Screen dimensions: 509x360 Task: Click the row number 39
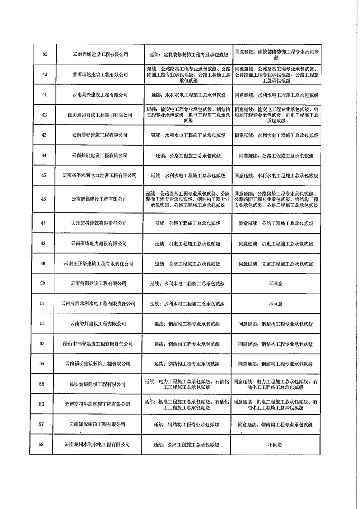coord(45,54)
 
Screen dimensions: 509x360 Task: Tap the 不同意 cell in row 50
coord(275,284)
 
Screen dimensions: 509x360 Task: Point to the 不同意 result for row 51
coord(275,303)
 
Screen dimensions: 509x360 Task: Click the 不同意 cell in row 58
coord(275,445)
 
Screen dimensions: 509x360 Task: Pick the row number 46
coord(44,199)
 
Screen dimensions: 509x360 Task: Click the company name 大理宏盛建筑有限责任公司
coord(99,223)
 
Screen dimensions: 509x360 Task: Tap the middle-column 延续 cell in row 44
coord(188,155)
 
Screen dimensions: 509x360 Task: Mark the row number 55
coord(42,384)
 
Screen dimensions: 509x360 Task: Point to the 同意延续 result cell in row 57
coord(275,425)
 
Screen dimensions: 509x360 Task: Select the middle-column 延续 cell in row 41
coord(188,95)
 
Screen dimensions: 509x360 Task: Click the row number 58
coord(42,445)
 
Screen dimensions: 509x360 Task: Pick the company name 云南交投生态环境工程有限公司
coord(97,404)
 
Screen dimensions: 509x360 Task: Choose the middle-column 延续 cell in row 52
coord(187,324)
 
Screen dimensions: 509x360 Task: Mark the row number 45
coord(44,175)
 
